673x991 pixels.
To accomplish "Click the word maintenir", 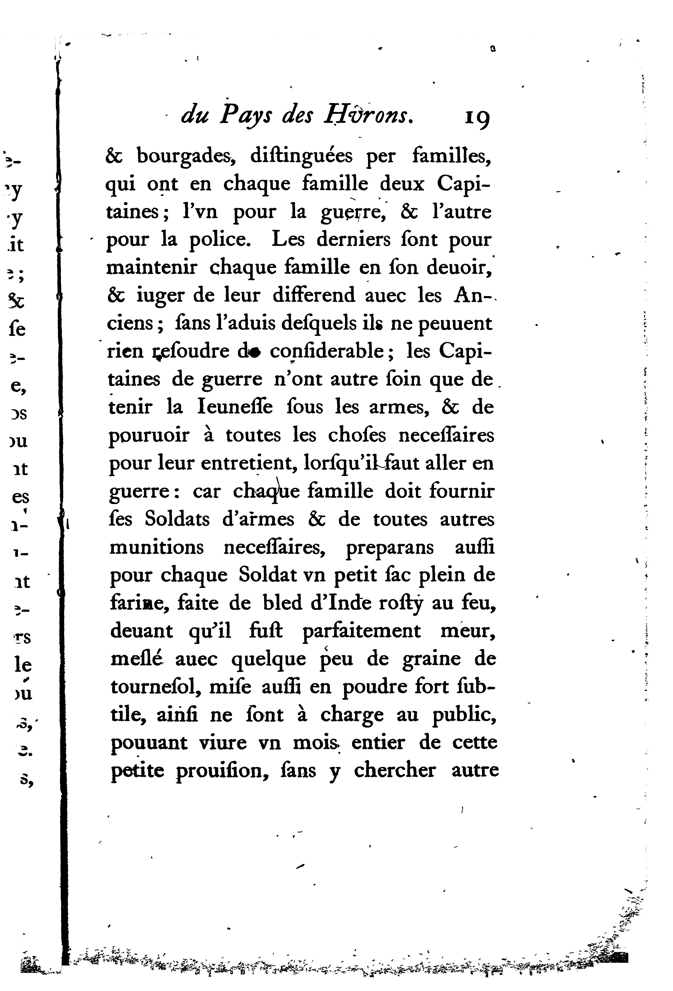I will pos(152,267).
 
